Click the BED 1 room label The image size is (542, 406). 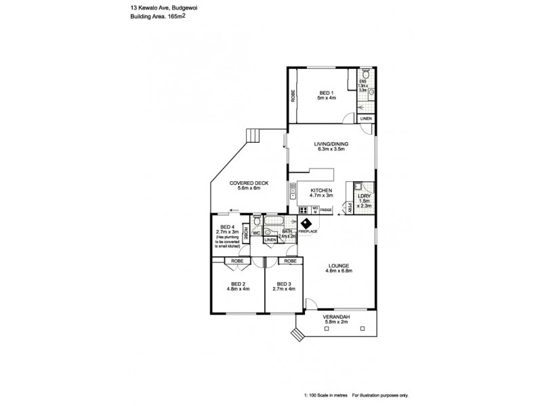[x=326, y=92]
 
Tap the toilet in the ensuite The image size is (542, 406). [x=366, y=74]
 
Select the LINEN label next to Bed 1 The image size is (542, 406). [x=365, y=118]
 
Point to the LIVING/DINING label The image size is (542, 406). [x=330, y=144]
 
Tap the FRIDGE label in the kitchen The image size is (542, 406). [x=326, y=210]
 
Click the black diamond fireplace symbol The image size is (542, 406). [x=306, y=224]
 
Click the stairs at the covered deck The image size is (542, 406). [x=253, y=136]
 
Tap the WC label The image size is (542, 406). [x=257, y=233]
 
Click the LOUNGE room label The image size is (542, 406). [x=339, y=265]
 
